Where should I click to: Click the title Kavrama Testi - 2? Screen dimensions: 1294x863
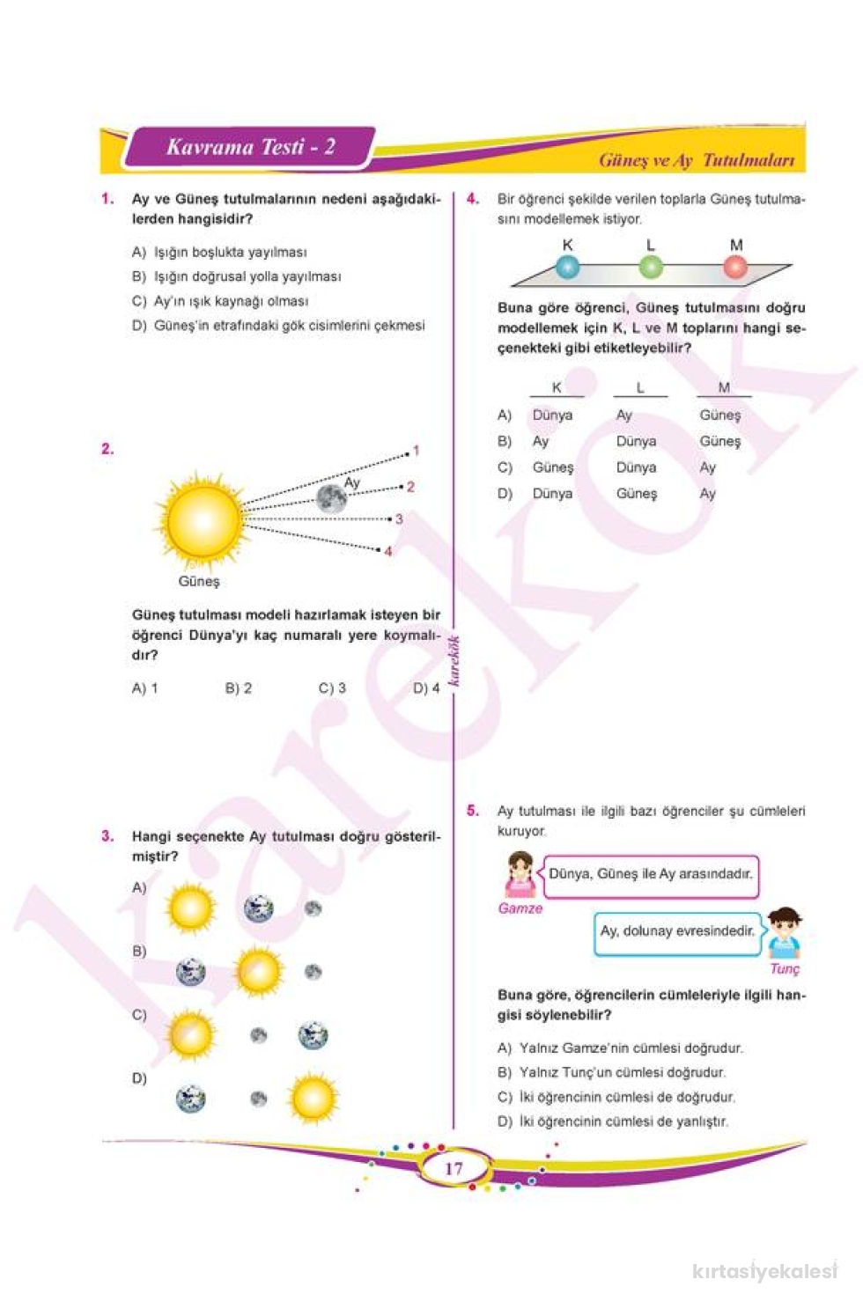tap(251, 147)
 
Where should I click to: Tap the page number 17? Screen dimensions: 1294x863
tap(454, 1168)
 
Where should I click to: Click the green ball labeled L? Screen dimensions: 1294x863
tap(651, 266)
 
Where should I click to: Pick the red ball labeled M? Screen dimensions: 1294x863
tap(735, 266)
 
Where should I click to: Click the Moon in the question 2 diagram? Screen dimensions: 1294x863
tap(331, 498)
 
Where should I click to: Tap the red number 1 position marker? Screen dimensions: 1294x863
tap(417, 451)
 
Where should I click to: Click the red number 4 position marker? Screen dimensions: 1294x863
tap(388, 552)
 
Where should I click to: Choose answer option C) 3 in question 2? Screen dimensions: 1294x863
tap(332, 688)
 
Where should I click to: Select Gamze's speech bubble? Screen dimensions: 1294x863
tap(651, 875)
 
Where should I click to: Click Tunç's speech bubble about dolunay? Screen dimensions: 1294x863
tap(677, 931)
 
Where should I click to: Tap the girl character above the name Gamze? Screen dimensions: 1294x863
tap(520, 874)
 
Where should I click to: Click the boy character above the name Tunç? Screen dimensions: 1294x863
tap(783, 933)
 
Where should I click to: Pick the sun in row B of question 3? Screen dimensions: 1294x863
tap(259, 971)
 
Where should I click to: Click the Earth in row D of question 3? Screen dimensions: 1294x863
tap(190, 1099)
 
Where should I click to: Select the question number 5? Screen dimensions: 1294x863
tap(473, 811)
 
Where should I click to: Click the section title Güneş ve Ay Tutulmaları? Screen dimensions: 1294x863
tap(697, 160)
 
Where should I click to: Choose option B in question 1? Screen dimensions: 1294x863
tap(236, 276)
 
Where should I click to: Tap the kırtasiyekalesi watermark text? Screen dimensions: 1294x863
tap(764, 1271)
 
